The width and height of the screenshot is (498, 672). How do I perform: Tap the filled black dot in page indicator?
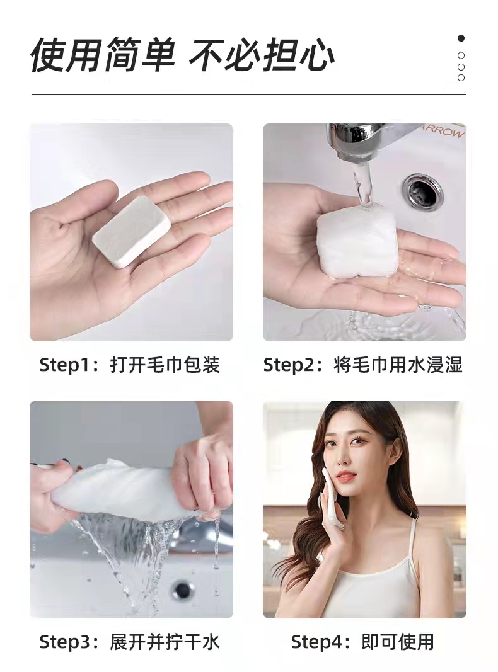click(x=461, y=38)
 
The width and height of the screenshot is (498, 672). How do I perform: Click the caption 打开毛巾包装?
click(x=165, y=365)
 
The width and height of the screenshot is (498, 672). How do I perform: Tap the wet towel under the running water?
click(x=357, y=242)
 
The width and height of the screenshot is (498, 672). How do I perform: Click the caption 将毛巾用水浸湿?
click(x=398, y=365)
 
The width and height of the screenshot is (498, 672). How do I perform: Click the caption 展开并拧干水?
click(x=165, y=642)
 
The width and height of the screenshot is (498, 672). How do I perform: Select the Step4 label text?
click(x=318, y=642)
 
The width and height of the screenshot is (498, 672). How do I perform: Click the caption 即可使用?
click(x=398, y=642)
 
